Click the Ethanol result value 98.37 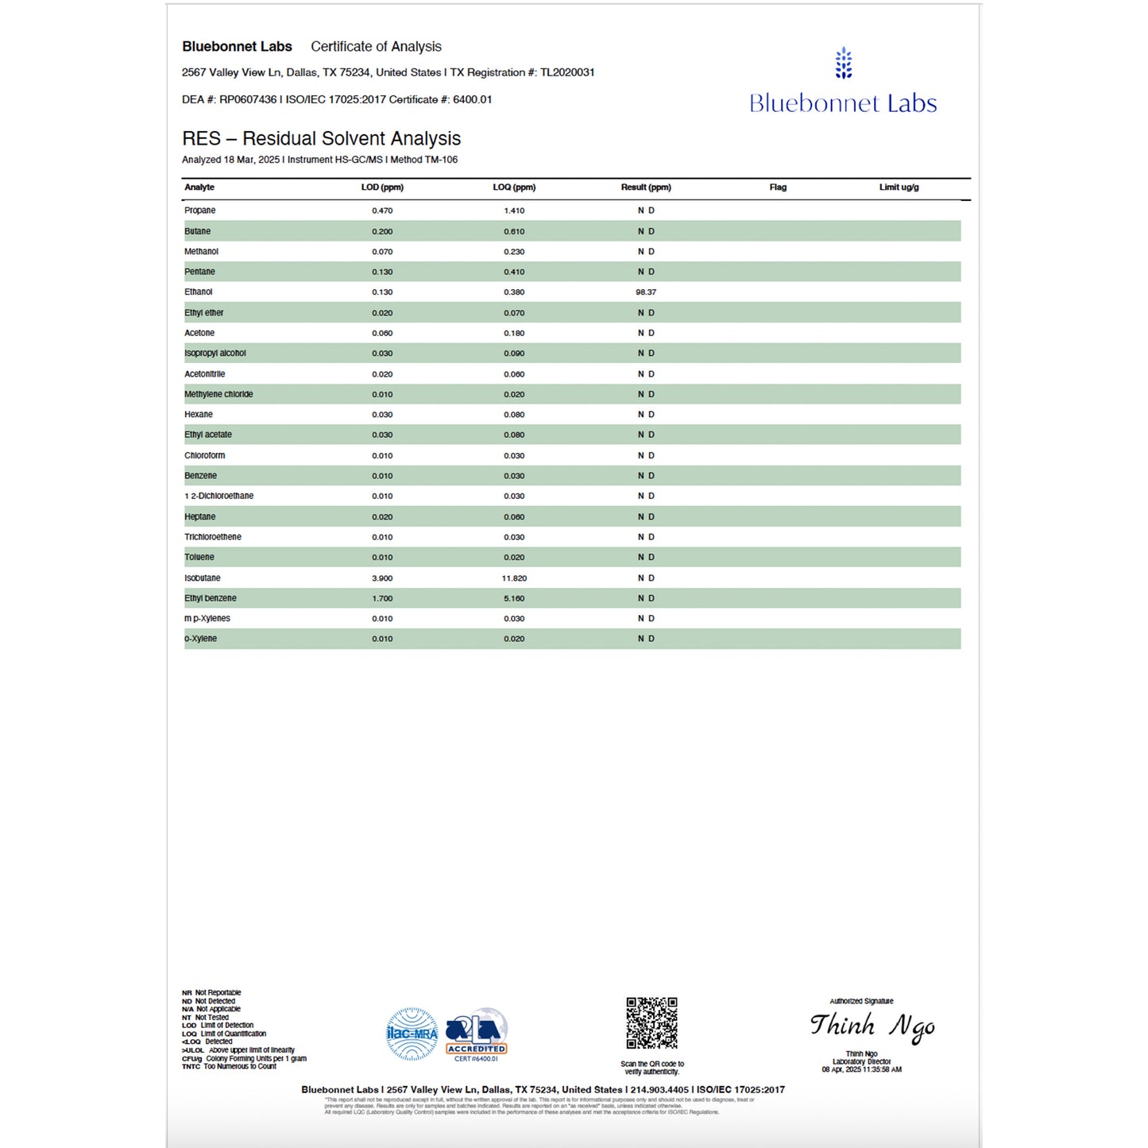tap(646, 292)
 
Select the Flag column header tap(778, 187)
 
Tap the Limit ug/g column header tap(899, 187)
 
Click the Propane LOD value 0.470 tap(382, 211)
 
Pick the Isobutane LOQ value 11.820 tap(514, 578)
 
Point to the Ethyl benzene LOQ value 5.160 tap(514, 598)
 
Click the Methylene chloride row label tap(218, 394)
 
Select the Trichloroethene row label tap(213, 537)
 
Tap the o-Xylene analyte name tap(200, 639)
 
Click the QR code tap(651, 1023)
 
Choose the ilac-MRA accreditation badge tap(412, 1034)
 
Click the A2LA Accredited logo tap(476, 1034)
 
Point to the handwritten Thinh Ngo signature tap(872, 1026)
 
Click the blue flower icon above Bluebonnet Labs tap(844, 64)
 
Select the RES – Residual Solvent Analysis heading tap(321, 138)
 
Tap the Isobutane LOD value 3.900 tap(382, 578)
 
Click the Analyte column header tap(199, 187)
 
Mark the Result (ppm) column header tap(646, 187)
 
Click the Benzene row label tap(200, 476)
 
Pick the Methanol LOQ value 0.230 tap(514, 252)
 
